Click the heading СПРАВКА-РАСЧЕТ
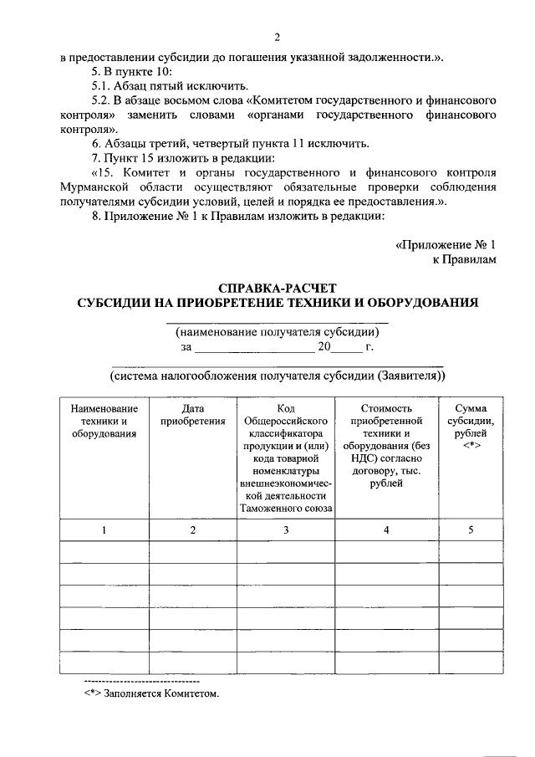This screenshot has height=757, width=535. (x=277, y=287)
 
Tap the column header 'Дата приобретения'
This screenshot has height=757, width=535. (x=193, y=415)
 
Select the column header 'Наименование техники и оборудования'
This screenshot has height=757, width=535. (x=104, y=421)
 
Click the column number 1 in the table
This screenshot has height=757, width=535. (x=104, y=529)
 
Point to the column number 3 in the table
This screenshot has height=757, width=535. (x=286, y=529)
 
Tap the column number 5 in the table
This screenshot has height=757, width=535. (x=471, y=529)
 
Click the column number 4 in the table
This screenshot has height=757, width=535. (x=386, y=529)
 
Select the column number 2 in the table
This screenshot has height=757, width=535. (x=193, y=529)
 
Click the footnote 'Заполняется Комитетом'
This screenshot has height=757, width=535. (x=151, y=693)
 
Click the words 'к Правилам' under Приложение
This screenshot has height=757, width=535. (x=464, y=260)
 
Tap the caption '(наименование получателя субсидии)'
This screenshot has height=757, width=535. (x=277, y=332)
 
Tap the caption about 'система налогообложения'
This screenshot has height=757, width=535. (x=277, y=376)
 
